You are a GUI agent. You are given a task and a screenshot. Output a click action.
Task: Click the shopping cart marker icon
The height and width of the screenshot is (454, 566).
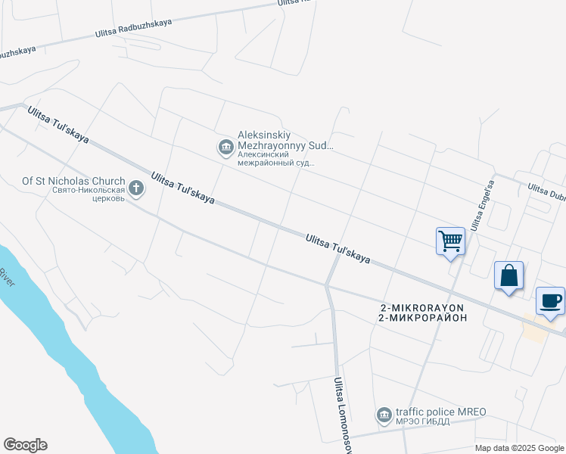point(451,241)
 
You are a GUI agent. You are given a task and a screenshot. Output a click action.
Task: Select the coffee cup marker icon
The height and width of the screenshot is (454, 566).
point(550,300)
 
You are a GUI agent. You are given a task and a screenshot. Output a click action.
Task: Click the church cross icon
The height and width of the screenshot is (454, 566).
point(135,188)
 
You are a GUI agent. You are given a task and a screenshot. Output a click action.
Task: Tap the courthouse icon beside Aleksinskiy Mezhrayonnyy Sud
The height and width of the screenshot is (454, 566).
point(225,148)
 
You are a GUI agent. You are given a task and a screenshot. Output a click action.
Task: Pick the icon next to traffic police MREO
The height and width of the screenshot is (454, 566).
point(384,415)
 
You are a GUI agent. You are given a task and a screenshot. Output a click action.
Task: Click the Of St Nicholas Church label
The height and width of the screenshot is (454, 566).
point(73,181)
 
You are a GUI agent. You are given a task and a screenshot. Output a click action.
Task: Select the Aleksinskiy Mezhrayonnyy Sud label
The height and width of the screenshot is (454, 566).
point(285,140)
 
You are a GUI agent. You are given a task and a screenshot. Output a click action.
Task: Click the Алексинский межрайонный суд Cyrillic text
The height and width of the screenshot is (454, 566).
point(276,157)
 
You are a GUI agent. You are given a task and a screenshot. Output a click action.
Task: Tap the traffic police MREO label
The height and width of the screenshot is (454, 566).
point(440,412)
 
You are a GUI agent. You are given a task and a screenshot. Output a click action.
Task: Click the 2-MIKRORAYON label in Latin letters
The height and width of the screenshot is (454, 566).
point(421,307)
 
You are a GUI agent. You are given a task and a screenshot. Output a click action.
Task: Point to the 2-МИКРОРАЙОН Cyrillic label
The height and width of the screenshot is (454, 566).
point(421,318)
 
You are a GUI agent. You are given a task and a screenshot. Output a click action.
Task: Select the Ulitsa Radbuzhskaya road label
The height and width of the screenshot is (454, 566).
point(134,29)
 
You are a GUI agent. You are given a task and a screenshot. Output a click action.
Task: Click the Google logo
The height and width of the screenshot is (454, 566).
point(25,445)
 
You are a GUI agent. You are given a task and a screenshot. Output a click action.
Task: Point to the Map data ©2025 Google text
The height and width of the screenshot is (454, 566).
point(518,448)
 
